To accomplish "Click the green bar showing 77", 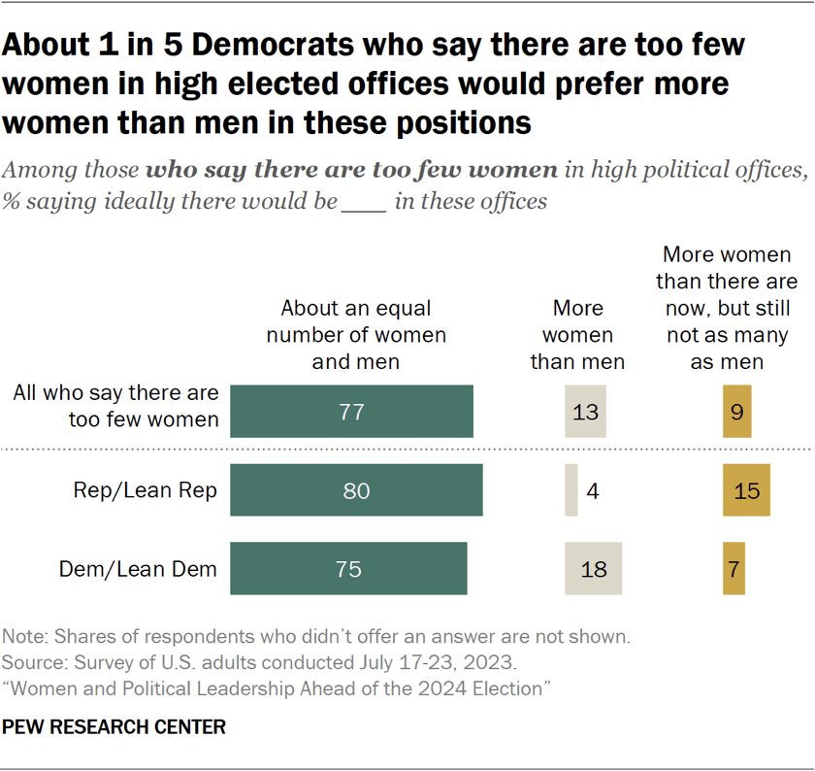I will click(351, 412).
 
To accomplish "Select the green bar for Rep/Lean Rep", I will click(356, 490).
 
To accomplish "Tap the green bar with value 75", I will click(348, 569).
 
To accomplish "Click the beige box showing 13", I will click(586, 412).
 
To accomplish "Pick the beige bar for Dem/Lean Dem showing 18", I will click(593, 569).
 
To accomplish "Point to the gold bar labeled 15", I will click(746, 490).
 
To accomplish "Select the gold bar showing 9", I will click(737, 412).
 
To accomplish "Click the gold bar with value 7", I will click(733, 569).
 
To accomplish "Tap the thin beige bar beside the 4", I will click(570, 490).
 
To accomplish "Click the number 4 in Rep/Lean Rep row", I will click(592, 490).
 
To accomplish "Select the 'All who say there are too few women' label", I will click(115, 406).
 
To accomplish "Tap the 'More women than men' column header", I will click(577, 335).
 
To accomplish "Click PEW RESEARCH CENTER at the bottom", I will click(114, 726).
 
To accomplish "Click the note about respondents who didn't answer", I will click(316, 638).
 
